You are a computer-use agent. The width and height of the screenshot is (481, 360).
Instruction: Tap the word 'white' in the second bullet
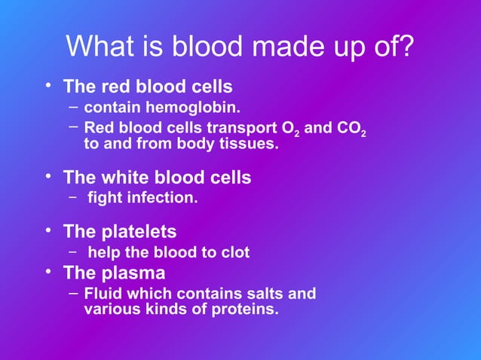tap(126, 178)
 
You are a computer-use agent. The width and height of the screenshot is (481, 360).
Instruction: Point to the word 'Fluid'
tap(101, 293)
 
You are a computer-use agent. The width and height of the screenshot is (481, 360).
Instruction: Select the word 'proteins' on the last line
tap(247, 308)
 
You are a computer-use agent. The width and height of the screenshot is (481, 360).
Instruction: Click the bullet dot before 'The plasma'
tap(47, 269)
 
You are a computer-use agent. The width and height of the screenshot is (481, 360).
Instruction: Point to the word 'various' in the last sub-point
tap(109, 308)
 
